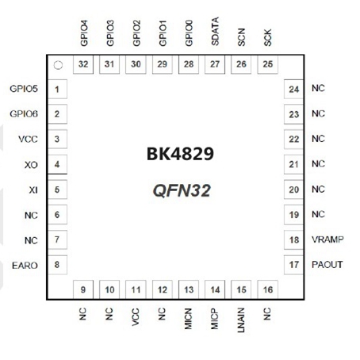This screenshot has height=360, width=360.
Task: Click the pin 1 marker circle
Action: (x=58, y=65)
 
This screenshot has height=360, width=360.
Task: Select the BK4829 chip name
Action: (x=180, y=154)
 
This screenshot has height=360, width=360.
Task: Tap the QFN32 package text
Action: (x=182, y=190)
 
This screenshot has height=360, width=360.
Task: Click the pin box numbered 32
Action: (x=83, y=64)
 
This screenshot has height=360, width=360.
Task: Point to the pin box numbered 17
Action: (x=293, y=265)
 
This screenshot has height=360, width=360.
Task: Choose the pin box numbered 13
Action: (x=189, y=289)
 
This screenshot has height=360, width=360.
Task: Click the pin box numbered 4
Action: (x=57, y=164)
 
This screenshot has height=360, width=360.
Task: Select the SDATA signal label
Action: (x=215, y=32)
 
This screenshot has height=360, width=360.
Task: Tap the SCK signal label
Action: (x=267, y=37)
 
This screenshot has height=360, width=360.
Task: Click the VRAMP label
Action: (x=327, y=239)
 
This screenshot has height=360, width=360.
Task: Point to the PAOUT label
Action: (x=327, y=265)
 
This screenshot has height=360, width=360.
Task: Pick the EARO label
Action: (x=25, y=266)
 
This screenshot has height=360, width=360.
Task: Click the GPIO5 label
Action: (x=24, y=89)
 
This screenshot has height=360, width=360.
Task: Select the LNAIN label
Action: (x=241, y=320)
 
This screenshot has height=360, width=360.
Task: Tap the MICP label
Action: (x=215, y=319)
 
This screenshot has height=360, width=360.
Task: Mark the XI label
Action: (x=33, y=190)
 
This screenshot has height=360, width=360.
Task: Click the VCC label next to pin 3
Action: (x=28, y=139)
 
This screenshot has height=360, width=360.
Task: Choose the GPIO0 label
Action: (x=189, y=33)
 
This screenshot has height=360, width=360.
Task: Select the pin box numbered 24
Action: (x=293, y=89)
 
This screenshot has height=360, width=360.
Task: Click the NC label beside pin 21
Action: (x=318, y=164)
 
